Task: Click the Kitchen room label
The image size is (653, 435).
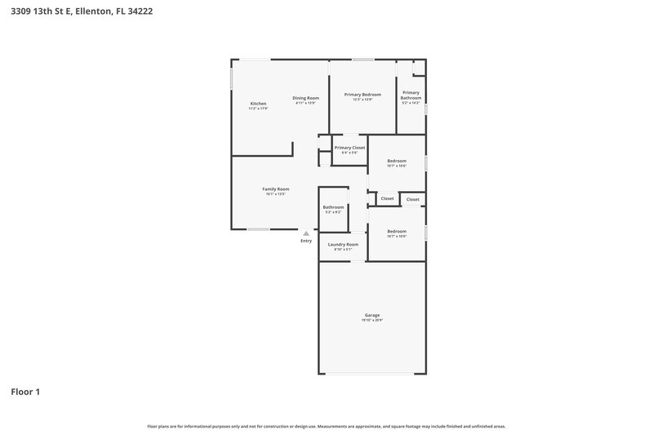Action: click(x=258, y=104)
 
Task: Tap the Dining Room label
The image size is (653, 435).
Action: click(x=306, y=98)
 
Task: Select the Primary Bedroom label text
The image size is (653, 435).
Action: click(x=362, y=95)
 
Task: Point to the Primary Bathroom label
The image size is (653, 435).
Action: click(x=411, y=95)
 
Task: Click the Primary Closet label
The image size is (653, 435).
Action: click(x=349, y=148)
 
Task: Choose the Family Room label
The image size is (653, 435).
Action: click(x=276, y=189)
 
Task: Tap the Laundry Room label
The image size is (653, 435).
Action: click(x=343, y=244)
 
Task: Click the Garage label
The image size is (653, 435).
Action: click(x=371, y=315)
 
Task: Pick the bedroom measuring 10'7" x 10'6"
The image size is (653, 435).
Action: click(x=397, y=162)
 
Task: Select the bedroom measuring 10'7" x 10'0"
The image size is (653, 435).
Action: click(x=397, y=232)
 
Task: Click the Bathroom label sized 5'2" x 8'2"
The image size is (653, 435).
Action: click(x=333, y=207)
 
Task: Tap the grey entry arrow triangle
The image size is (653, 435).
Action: click(x=306, y=233)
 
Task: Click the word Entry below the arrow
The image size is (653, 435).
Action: click(x=306, y=241)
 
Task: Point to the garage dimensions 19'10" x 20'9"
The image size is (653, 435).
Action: click(x=371, y=320)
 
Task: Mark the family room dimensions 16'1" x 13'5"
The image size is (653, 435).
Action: click(x=276, y=193)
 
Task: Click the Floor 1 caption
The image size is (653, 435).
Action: click(x=25, y=392)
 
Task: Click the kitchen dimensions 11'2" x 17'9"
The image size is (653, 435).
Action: click(x=258, y=109)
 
